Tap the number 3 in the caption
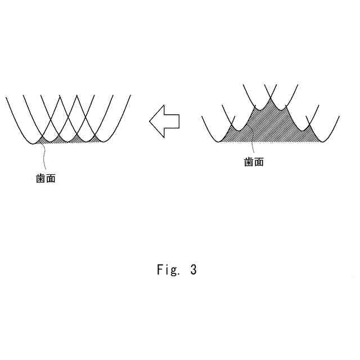point(193,270)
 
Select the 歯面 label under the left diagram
point(46,179)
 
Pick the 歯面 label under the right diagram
point(254,162)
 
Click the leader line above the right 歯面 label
point(253,147)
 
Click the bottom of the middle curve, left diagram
point(68,142)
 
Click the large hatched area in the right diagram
point(270,127)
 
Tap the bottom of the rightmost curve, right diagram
point(322,142)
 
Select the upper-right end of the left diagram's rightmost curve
point(130,96)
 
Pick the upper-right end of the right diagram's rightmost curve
point(340,117)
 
